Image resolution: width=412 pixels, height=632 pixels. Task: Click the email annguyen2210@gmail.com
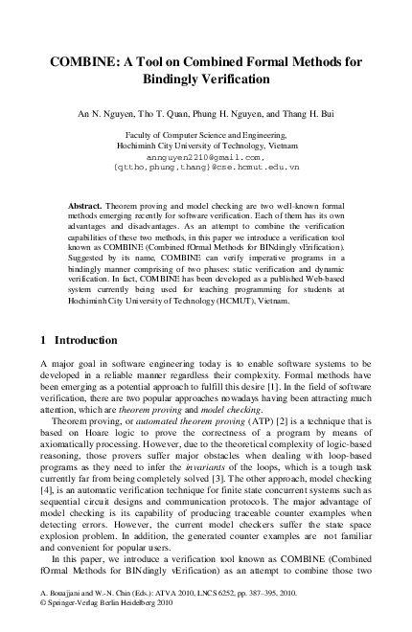click(205, 155)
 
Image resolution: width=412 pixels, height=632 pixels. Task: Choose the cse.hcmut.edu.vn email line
click(206, 166)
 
